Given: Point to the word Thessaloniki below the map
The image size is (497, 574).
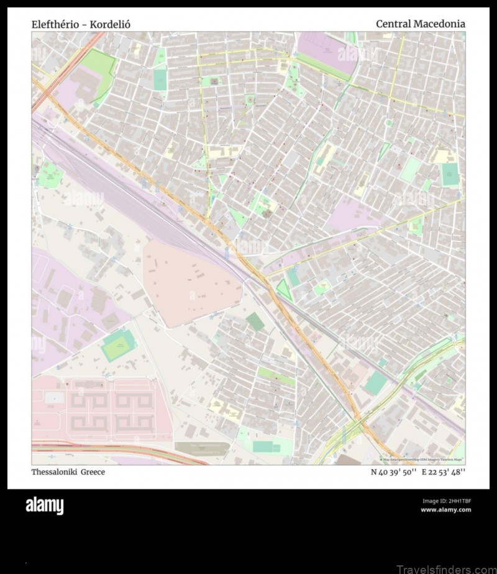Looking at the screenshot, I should pos(54,472).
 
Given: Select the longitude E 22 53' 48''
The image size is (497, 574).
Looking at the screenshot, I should pos(444,472).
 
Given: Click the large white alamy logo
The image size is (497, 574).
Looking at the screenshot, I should pos(44,506).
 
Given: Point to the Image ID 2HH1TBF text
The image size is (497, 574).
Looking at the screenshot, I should pos(446,501).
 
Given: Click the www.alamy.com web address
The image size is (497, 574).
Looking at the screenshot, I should pos(445,510).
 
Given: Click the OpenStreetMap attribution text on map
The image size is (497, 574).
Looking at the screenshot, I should pos(422,460).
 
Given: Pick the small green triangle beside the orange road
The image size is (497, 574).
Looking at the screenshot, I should pos(284,289).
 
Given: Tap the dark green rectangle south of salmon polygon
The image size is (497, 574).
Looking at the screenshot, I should pos(254,321).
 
